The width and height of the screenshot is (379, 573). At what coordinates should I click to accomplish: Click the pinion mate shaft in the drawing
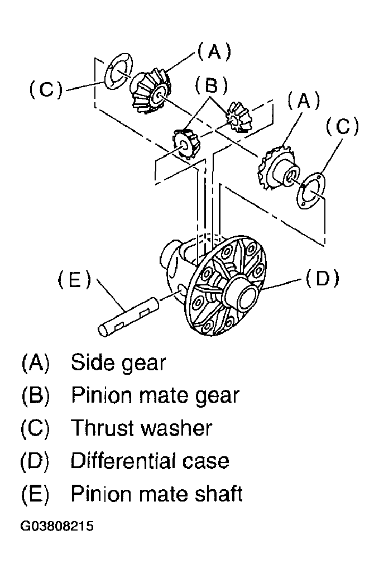click(x=128, y=317)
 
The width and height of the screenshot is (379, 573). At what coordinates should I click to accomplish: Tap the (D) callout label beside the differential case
click(x=322, y=279)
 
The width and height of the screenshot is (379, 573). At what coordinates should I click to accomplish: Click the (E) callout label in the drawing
click(x=74, y=281)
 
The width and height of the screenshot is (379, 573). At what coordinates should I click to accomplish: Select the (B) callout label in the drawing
click(x=211, y=86)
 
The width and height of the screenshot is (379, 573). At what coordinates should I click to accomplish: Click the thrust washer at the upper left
click(x=118, y=71)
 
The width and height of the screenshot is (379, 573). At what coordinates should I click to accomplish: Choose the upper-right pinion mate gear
click(x=238, y=117)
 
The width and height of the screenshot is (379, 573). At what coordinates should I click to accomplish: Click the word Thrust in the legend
click(x=103, y=428)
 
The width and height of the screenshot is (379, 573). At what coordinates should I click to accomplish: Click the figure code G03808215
click(x=57, y=526)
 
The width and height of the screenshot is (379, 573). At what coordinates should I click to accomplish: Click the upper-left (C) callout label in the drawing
click(x=46, y=89)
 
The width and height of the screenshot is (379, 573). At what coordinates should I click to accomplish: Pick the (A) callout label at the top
click(x=214, y=51)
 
